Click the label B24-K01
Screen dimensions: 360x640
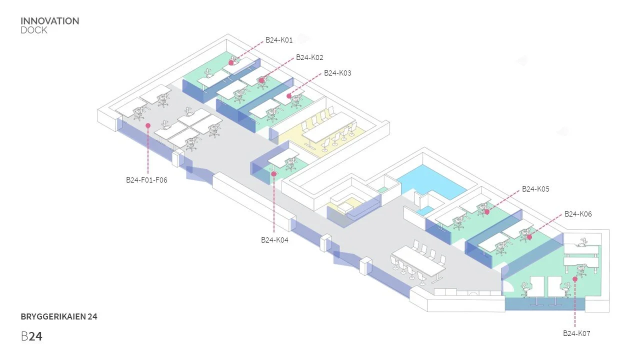(279, 40)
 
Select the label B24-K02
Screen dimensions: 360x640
(309, 57)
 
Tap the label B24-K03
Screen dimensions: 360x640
(337, 73)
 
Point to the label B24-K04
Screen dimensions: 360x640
(274, 240)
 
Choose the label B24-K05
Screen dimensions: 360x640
(535, 189)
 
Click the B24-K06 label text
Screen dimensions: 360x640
(578, 214)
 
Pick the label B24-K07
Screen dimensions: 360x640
(576, 333)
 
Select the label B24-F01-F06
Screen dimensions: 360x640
(146, 180)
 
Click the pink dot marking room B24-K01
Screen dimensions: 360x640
(231, 62)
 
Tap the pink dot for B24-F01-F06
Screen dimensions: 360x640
(148, 126)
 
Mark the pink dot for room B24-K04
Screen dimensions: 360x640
(274, 174)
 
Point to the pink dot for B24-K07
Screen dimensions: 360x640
(575, 279)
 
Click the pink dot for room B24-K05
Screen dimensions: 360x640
(487, 212)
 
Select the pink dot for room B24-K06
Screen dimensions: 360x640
(529, 237)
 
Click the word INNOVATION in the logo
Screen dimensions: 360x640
(50, 21)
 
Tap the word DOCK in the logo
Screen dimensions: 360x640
(34, 30)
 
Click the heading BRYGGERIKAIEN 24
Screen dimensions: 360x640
(59, 316)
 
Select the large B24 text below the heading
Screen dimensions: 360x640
(31, 336)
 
